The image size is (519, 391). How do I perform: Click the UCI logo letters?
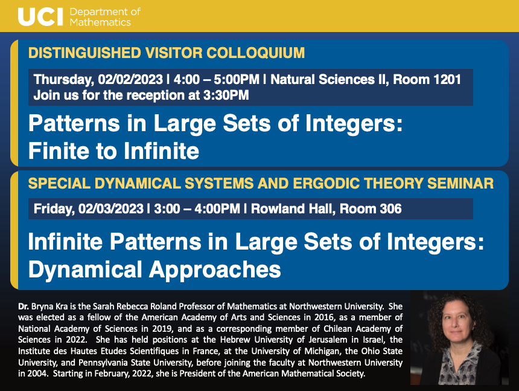click(x=40, y=17)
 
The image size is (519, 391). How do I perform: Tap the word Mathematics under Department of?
click(x=100, y=22)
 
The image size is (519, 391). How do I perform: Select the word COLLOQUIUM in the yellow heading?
click(x=255, y=53)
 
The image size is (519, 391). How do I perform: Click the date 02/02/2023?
click(x=130, y=80)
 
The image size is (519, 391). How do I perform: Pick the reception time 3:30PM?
click(x=226, y=95)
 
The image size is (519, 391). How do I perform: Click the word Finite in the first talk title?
click(x=59, y=151)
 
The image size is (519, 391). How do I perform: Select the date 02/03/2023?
click(x=111, y=209)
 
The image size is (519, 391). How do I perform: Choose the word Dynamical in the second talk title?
click(x=85, y=270)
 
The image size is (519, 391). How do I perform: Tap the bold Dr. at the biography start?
click(x=23, y=306)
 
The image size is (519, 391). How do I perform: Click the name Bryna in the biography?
click(x=41, y=307)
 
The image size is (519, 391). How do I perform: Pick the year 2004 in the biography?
click(x=37, y=373)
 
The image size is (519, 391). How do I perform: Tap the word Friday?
click(x=54, y=209)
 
